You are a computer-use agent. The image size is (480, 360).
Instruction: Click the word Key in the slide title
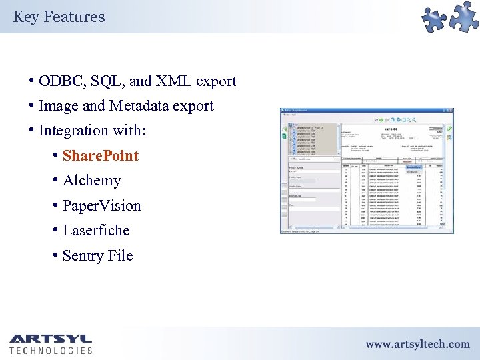[x=25, y=17]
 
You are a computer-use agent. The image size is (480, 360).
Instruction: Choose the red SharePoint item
[x=100, y=156]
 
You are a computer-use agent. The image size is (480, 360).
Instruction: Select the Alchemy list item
[x=91, y=181]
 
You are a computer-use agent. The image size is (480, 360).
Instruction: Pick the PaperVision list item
[x=101, y=206]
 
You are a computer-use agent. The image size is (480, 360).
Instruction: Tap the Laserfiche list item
[x=95, y=231]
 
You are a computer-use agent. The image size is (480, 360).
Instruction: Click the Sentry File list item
[x=97, y=256]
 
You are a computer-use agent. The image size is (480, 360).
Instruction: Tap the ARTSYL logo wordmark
[x=51, y=338]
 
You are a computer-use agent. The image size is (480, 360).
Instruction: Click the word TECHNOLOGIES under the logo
[x=51, y=350]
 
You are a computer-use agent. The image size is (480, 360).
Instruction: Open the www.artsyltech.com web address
[x=417, y=344]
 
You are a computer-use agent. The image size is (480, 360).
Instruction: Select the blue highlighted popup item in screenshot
[x=414, y=167]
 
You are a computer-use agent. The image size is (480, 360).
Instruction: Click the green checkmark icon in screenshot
[x=449, y=129]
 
